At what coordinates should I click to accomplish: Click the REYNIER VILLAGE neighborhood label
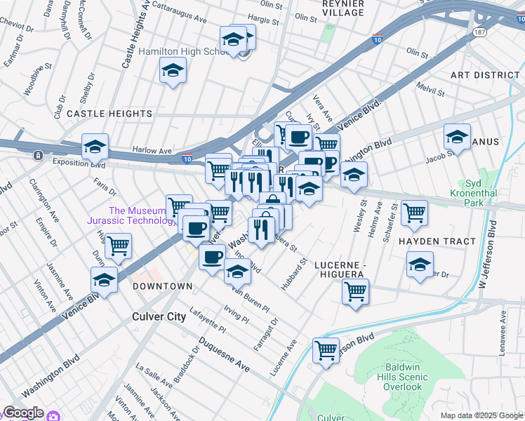(343, 8)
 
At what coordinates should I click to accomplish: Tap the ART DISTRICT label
(484, 75)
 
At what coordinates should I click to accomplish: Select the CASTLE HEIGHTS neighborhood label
(109, 113)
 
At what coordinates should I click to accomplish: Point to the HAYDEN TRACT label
(437, 241)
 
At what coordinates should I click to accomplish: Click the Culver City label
(159, 316)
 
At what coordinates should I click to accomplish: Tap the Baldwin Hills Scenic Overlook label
(403, 377)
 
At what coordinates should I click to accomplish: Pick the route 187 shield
(480, 32)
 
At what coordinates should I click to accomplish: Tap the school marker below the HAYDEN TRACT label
(420, 265)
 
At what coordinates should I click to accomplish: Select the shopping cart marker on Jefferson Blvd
(326, 349)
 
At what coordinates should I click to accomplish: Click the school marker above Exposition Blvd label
(95, 147)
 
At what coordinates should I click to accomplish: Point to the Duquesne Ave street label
(224, 355)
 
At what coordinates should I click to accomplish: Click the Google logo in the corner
(22, 413)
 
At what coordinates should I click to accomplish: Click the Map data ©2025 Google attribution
(481, 415)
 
